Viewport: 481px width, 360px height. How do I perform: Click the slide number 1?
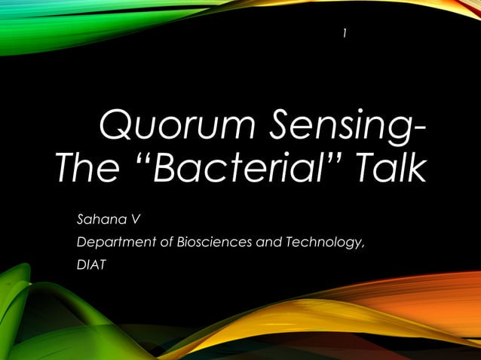[345, 32]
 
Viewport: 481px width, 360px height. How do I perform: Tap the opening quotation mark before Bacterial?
[142, 158]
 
